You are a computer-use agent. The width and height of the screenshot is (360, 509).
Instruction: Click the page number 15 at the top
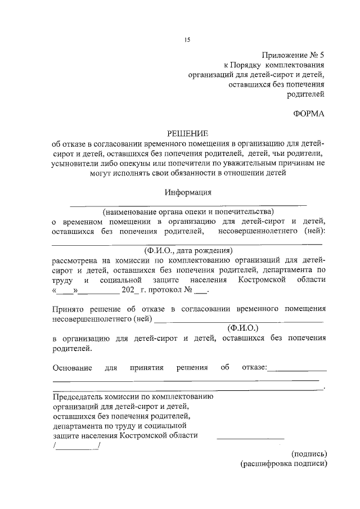point(187,39)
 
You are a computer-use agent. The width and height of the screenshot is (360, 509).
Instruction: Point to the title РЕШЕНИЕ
point(188,133)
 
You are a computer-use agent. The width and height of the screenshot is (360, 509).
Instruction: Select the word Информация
point(188,192)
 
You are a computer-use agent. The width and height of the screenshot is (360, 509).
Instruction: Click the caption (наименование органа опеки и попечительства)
point(188,212)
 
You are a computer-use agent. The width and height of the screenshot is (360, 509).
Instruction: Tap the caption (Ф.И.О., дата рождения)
point(188,251)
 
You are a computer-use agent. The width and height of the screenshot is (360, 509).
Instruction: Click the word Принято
point(67,309)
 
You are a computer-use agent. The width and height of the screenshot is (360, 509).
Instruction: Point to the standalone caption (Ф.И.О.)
point(242,327)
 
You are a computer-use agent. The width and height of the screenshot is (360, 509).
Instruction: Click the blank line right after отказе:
point(298,369)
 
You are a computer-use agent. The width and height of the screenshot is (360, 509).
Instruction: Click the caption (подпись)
point(309,453)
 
